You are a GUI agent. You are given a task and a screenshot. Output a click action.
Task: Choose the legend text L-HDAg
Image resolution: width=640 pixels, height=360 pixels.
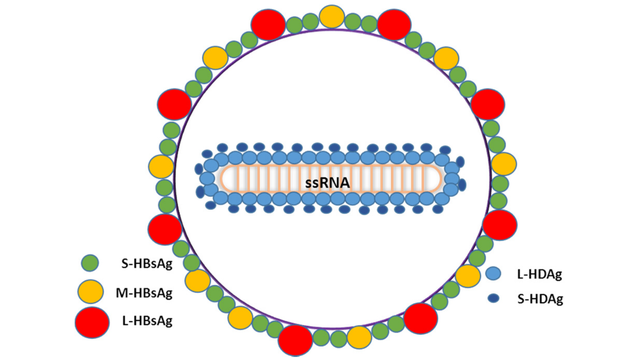click(540, 272)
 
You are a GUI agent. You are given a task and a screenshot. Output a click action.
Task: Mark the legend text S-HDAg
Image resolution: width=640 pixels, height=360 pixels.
click(540, 299)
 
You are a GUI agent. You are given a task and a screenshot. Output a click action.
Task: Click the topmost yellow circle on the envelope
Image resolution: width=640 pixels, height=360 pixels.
click(332, 16)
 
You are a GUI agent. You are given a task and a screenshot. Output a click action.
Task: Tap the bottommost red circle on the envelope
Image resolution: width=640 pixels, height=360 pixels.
click(296, 340)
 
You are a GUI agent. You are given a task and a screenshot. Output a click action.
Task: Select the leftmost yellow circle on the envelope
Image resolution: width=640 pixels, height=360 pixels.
click(160, 167)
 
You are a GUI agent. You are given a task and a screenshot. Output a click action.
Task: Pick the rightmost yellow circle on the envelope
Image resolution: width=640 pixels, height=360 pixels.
click(503, 164)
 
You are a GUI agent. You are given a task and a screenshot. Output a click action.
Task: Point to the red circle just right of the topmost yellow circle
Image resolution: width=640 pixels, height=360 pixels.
click(393, 23)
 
